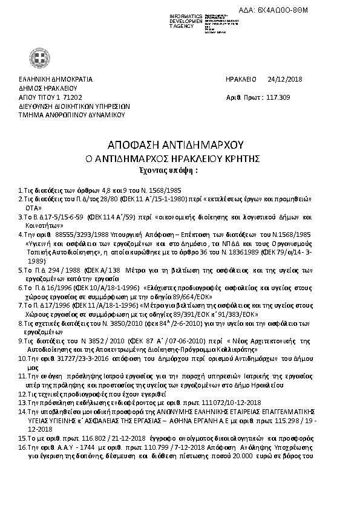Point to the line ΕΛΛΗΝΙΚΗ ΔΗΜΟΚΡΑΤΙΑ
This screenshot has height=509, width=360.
coord(55,79)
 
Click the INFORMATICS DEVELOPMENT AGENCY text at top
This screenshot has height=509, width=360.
coord(186,20)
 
